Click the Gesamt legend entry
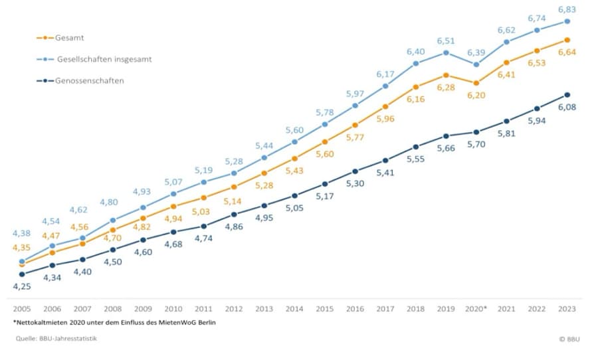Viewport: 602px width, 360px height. click(x=69, y=37)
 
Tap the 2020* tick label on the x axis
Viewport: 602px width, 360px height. click(x=475, y=309)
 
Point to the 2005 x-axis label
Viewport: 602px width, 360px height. click(x=22, y=309)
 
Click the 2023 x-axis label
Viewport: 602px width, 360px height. click(x=567, y=309)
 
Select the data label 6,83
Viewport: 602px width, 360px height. click(x=566, y=9)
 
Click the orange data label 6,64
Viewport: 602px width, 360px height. click(x=566, y=53)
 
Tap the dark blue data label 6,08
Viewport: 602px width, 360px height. click(x=566, y=108)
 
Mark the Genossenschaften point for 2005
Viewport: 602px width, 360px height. click(x=22, y=274)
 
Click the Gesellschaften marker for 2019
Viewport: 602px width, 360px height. click(x=446, y=52)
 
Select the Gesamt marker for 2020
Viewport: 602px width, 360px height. click(x=476, y=83)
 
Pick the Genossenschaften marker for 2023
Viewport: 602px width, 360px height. click(x=567, y=95)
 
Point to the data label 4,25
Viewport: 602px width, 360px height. click(x=22, y=287)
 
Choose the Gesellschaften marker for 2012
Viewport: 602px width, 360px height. click(x=234, y=173)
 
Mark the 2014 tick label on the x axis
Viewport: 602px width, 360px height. click(x=294, y=309)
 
